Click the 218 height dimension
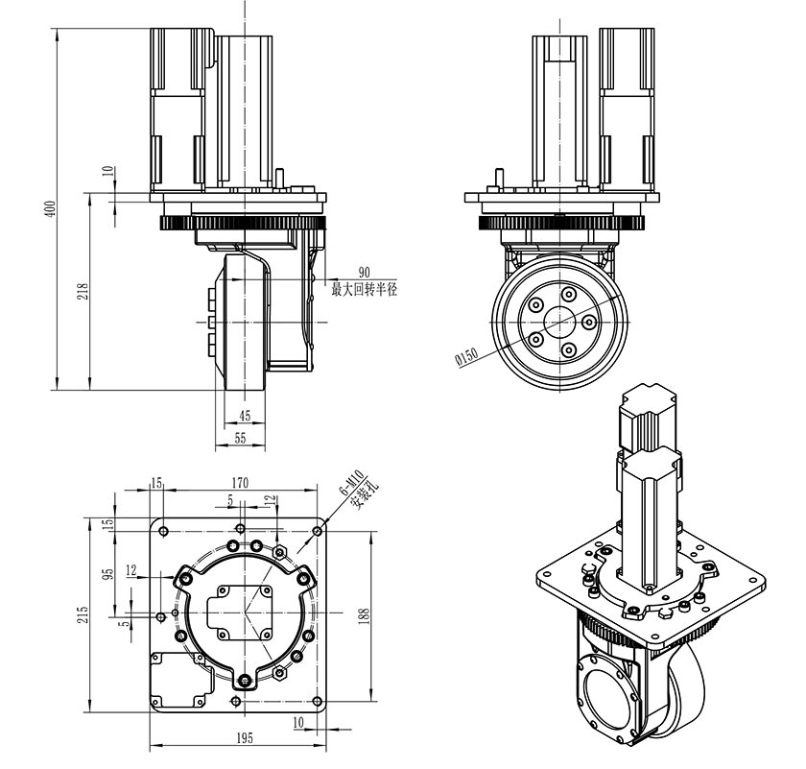[x=82, y=291]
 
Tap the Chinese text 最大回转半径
[x=364, y=289]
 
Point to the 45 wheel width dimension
[x=245, y=416]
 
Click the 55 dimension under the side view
[x=240, y=438]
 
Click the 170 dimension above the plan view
[x=240, y=482]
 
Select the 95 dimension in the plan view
[x=108, y=573]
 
